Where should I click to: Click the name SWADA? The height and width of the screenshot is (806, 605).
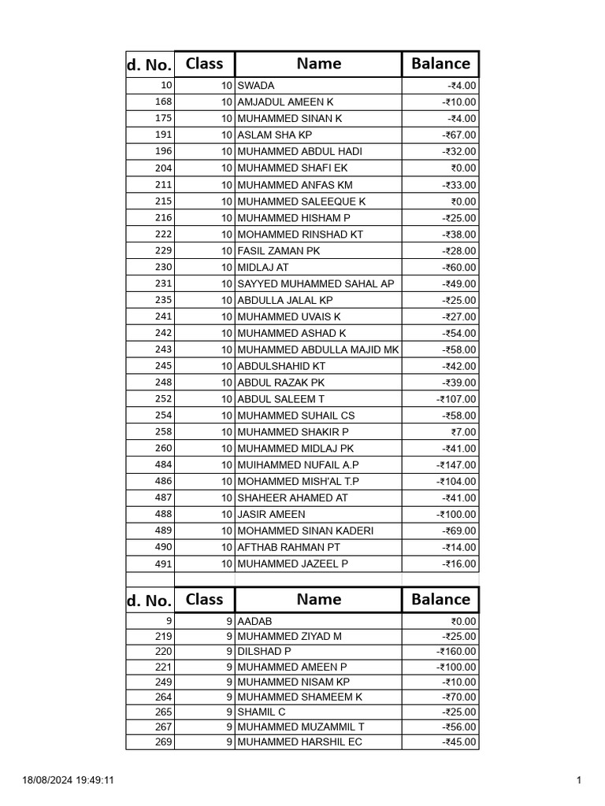(256, 86)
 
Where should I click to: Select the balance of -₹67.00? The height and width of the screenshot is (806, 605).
(458, 135)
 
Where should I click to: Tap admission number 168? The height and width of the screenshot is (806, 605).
(163, 102)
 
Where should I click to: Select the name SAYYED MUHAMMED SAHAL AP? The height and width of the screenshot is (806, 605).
(315, 283)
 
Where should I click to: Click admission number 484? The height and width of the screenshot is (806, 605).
(163, 464)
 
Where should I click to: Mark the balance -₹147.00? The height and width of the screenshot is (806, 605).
(456, 465)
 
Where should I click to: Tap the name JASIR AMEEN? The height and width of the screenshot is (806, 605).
(271, 514)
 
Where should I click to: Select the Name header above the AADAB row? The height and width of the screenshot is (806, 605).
(318, 600)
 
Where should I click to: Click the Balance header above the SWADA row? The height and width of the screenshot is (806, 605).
(440, 64)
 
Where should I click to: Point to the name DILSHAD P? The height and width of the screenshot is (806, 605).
(264, 652)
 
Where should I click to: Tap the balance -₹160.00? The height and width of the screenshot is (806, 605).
(456, 652)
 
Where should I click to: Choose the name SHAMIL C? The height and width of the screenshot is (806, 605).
(262, 712)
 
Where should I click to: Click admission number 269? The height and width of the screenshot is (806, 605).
(163, 741)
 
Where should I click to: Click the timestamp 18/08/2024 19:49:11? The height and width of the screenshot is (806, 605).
(69, 781)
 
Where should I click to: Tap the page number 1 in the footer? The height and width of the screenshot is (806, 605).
(578, 781)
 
